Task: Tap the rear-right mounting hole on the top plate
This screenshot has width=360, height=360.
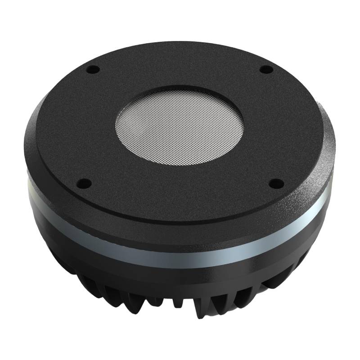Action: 266,69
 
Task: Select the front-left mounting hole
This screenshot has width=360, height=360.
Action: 83,183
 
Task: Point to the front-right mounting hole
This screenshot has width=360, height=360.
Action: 276,183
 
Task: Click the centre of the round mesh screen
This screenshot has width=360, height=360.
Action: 180,123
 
